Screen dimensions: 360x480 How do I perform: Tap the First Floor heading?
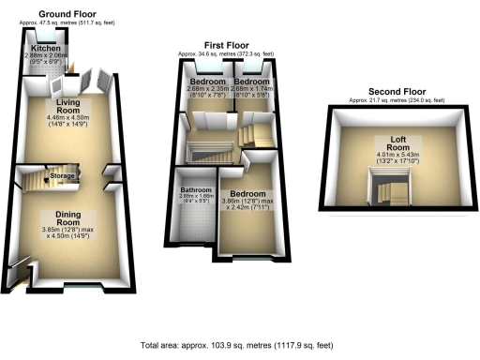pos(226,44)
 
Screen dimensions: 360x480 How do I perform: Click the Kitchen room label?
pos(45,48)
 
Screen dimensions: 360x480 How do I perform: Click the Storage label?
pos(64,175)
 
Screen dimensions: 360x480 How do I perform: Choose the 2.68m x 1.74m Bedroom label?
pos(250,82)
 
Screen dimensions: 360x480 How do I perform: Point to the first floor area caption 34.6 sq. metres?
pos(226,52)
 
